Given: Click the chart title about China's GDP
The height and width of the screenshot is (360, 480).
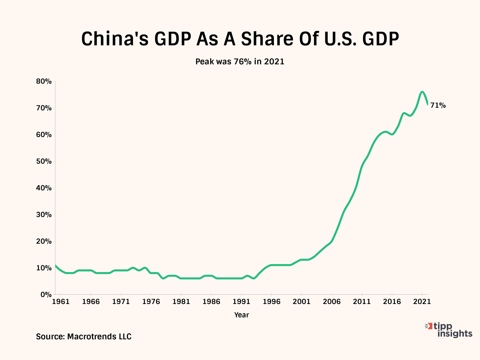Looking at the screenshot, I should [x=240, y=39].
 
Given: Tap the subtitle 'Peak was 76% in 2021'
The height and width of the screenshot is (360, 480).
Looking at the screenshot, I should [x=240, y=62].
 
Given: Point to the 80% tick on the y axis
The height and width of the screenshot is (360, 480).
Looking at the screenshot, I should [x=44, y=81].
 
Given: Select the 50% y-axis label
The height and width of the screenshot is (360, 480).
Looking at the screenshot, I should [x=44, y=161].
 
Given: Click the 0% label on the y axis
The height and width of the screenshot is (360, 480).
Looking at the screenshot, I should [x=46, y=295].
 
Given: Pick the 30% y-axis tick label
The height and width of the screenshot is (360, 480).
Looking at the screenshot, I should [x=44, y=215].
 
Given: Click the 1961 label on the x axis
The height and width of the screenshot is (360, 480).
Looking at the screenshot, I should [x=61, y=302].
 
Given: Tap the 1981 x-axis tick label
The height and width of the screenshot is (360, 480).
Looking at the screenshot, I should [x=181, y=302].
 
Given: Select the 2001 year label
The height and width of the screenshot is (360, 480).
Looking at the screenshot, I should [x=301, y=302].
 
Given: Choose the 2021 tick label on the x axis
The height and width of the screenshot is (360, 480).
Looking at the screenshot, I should [x=422, y=302].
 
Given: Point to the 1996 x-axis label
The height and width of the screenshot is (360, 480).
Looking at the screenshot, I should [x=271, y=302].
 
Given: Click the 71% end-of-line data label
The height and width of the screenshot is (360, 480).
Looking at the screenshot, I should [x=438, y=105].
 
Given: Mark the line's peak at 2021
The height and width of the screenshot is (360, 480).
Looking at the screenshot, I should [x=422, y=92].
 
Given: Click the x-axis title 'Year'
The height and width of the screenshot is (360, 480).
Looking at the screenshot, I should [x=241, y=315].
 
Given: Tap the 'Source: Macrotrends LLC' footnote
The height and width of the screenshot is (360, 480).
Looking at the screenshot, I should [x=84, y=337].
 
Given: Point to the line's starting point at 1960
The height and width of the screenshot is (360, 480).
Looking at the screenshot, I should [x=55, y=265].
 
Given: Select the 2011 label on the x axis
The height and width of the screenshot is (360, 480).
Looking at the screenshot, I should [x=362, y=302].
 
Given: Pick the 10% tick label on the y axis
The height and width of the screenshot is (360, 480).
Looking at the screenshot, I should [x=44, y=268].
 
